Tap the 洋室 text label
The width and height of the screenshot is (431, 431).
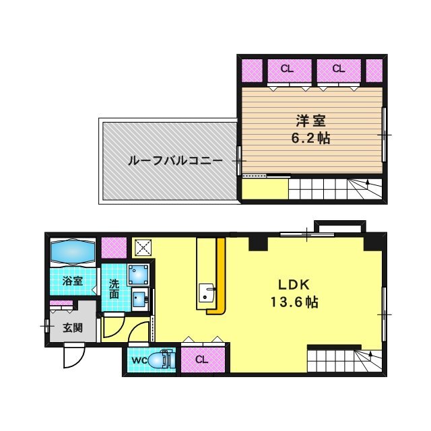[311, 122]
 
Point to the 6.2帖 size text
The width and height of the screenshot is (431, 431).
[311, 139]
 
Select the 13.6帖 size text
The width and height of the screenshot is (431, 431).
[294, 302]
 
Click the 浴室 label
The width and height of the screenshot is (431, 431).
[73, 281]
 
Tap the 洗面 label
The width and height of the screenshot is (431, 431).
[114, 290]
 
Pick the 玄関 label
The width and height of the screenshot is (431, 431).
[73, 329]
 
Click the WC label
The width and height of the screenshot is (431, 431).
[139, 360]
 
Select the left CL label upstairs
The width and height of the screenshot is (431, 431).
[287, 68]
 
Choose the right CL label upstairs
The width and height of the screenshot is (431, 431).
[338, 68]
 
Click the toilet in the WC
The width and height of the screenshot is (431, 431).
[160, 360]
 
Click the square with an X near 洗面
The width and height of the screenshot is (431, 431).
[143, 246]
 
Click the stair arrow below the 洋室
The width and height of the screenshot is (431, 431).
[368, 183]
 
